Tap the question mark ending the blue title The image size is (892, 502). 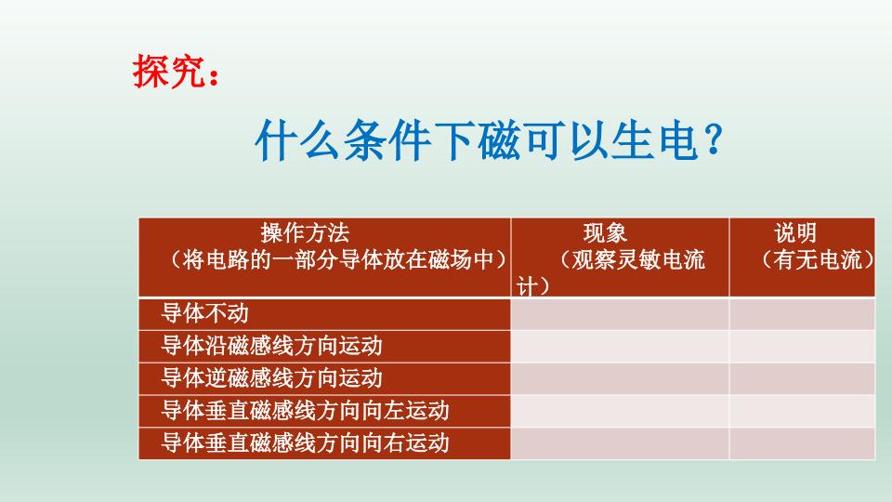coord(713,139)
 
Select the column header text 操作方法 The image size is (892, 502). coord(306,232)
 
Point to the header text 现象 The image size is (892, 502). coord(605,232)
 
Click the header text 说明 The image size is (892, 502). coord(796,232)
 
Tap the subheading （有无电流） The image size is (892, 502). coord(817,259)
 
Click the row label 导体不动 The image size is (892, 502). coord(205,312)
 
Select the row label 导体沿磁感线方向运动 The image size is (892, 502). coord(271,346)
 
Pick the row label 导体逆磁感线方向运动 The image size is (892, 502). coord(271,378)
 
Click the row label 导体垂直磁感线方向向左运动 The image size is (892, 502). coord(306,410)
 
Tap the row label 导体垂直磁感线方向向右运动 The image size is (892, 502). coord(306,443)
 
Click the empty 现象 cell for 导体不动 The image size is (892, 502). coord(619,312)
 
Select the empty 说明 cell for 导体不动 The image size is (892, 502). coord(802,312)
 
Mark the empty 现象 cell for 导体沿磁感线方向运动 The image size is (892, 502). coord(619,346)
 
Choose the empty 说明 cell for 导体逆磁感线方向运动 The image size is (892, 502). coord(802,378)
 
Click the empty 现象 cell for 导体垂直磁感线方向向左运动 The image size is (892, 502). coord(619,410)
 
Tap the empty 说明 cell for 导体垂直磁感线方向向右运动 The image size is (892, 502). coord(802,443)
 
